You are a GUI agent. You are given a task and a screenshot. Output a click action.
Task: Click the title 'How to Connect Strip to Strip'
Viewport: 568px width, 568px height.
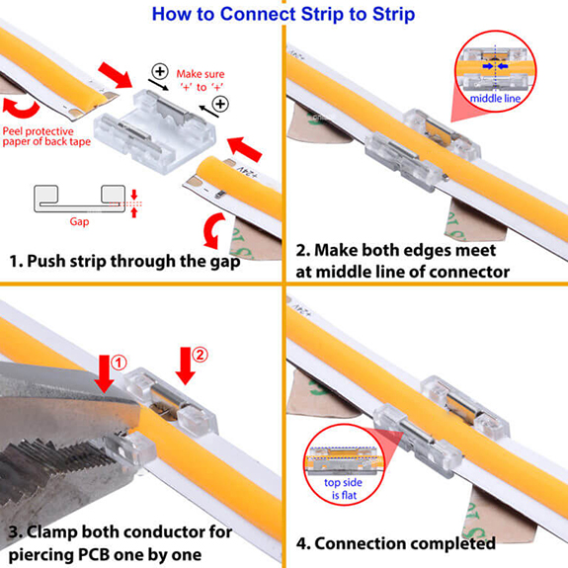(284, 14)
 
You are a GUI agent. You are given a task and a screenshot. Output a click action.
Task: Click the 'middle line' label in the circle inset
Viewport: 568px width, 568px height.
(496, 100)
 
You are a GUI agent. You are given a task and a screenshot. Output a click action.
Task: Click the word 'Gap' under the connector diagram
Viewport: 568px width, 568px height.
(79, 221)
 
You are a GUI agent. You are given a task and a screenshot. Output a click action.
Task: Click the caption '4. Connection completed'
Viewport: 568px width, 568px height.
(396, 543)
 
